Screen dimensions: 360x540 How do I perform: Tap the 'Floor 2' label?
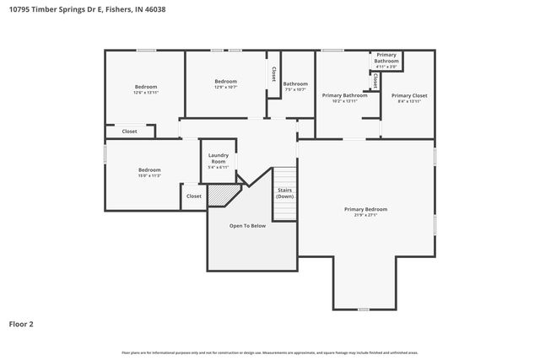click(21, 323)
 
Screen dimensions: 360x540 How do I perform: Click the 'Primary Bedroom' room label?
click(365, 208)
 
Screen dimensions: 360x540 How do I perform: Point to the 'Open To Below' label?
click(247, 226)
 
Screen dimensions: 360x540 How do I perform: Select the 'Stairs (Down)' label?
click(284, 193)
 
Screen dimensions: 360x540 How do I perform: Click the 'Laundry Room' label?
click(218, 159)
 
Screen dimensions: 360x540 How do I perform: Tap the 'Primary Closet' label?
click(409, 95)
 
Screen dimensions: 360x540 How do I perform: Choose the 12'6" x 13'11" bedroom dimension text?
click(146, 93)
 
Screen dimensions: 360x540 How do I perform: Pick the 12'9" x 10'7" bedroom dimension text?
click(225, 87)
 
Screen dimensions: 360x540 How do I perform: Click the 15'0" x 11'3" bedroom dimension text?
click(149, 175)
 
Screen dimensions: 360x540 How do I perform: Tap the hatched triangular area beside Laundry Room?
click(222, 195)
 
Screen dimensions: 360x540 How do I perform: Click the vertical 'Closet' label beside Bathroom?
click(273, 74)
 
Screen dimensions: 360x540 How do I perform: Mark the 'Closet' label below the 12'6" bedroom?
click(129, 132)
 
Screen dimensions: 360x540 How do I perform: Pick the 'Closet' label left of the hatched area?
click(193, 196)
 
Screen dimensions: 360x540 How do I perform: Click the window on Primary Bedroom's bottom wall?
click(364, 309)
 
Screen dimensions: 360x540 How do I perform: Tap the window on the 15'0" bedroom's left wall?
click(105, 154)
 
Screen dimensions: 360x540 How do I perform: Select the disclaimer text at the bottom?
click(270, 352)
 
